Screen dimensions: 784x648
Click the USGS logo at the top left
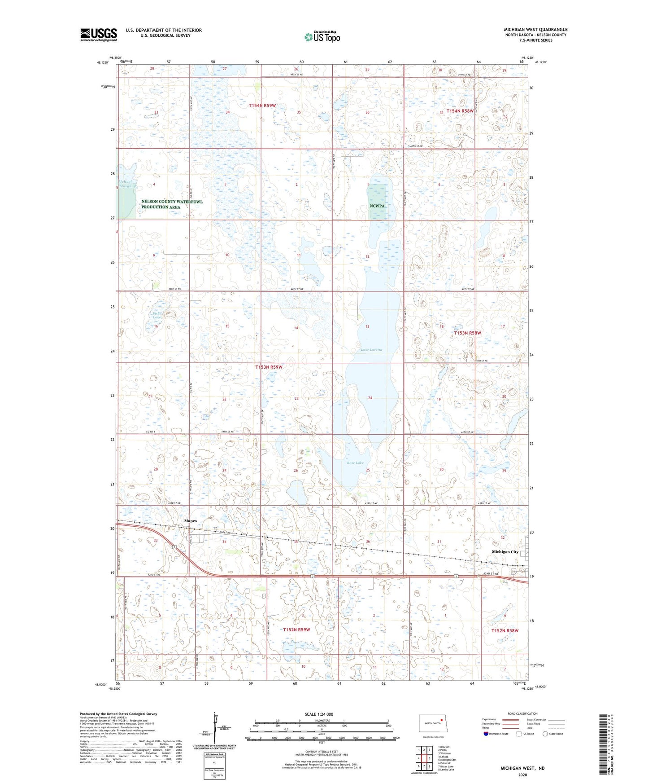[x=98, y=35]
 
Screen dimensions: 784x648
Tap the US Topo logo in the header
[x=322, y=37]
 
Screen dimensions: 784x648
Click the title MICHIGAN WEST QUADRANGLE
[x=535, y=30]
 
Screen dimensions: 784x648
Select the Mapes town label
[x=191, y=521]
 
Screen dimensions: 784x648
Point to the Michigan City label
[x=505, y=552]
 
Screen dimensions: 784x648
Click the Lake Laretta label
[x=372, y=349]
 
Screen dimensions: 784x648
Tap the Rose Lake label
[x=355, y=462]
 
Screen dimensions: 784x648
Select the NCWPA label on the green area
[x=377, y=206]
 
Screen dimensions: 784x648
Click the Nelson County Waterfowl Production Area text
[x=172, y=204]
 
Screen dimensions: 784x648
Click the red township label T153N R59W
[x=269, y=367]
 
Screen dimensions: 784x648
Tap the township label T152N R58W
[x=504, y=630]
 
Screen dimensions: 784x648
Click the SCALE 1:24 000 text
[x=319, y=714]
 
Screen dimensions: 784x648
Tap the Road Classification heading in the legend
[x=522, y=714]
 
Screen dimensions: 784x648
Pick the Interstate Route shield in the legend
[x=487, y=734]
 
